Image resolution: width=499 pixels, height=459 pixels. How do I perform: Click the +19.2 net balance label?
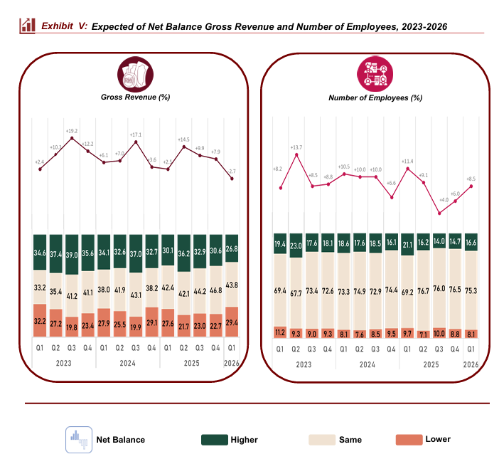click(72, 131)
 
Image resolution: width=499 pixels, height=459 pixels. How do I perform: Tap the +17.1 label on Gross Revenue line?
click(136, 134)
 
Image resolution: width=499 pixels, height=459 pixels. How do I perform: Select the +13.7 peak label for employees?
click(296, 147)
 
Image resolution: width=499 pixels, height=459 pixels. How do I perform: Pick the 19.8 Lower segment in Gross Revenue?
click(72, 327)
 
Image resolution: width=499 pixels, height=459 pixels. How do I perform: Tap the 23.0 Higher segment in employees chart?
click(296, 246)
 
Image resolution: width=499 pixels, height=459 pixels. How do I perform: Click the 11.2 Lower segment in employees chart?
click(279, 332)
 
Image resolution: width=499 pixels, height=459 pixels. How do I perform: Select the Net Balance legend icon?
click(78, 439)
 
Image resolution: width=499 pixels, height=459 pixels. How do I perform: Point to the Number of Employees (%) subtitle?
click(375, 96)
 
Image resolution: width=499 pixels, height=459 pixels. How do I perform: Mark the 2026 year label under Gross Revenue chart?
click(232, 362)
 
